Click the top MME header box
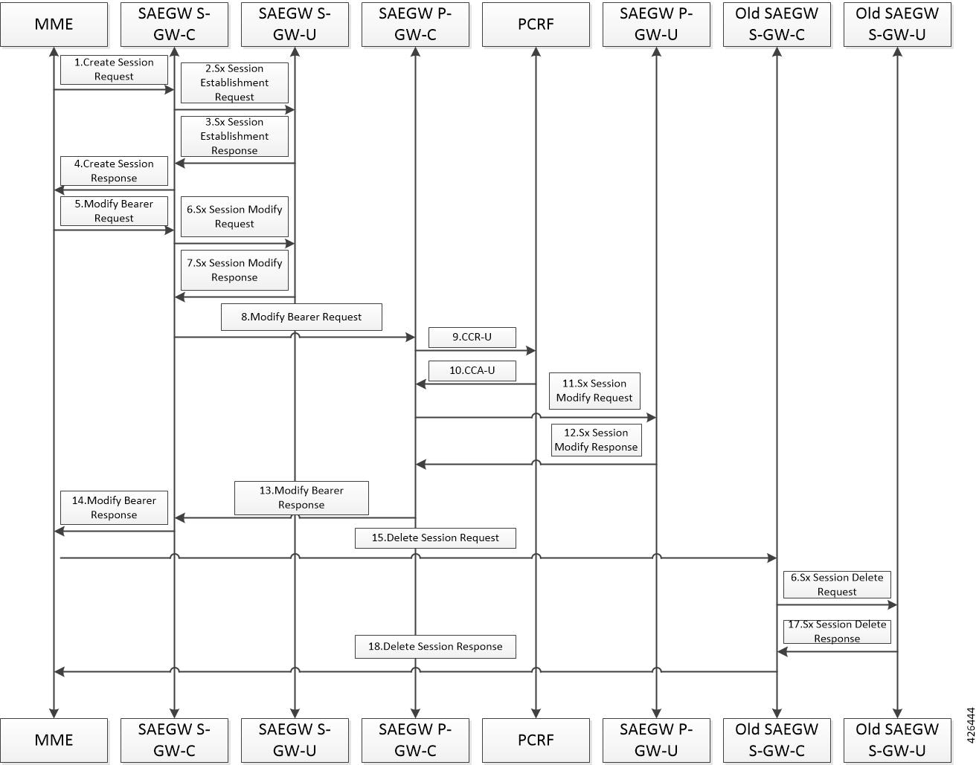coord(54,25)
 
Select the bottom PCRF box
coord(536,740)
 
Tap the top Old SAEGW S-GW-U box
coord(897,25)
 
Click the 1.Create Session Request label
coord(114,69)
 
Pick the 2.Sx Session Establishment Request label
coord(234,83)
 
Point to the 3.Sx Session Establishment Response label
coord(234,136)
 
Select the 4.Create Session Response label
coord(114,171)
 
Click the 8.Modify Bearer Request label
coord(301,317)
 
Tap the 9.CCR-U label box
coord(472,338)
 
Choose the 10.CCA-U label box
coord(472,370)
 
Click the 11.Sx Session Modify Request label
coord(594,391)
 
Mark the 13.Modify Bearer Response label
coord(301,497)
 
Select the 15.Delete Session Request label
coord(435,538)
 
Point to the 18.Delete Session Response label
coord(435,647)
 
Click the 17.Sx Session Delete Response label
coord(837,631)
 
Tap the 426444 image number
coord(972,726)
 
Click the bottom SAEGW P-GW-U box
coord(656,740)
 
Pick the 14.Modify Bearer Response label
coord(114,508)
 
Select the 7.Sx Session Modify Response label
coord(234,270)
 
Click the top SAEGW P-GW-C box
coord(415,25)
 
